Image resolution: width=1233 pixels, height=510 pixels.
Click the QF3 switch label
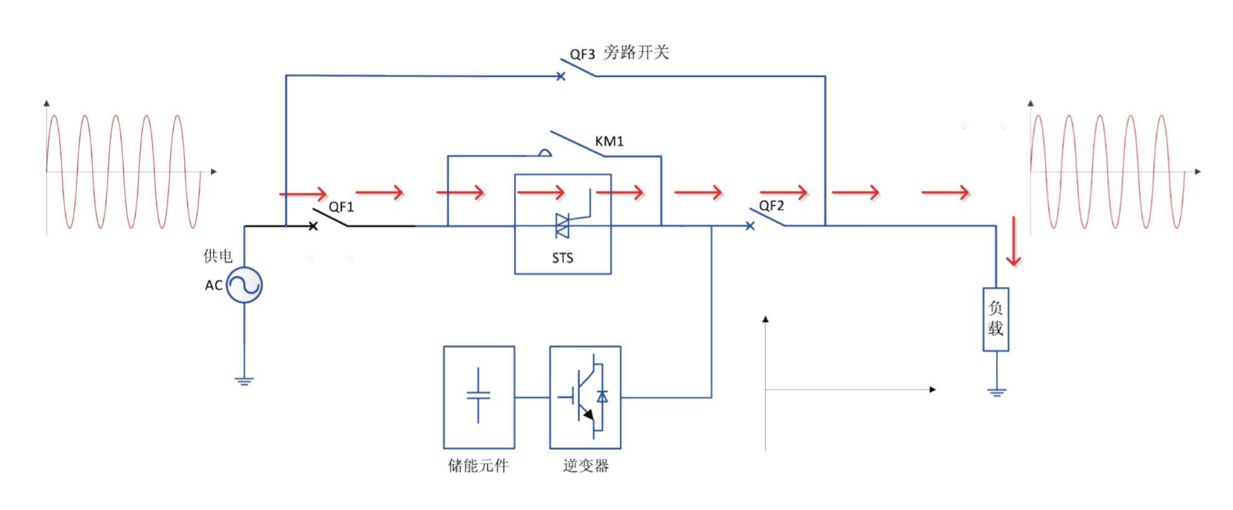tap(582, 55)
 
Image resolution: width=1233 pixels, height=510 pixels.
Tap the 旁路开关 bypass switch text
tap(636, 52)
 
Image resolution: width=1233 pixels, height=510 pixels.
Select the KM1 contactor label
tap(609, 142)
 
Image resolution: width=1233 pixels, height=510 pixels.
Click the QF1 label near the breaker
tap(341, 207)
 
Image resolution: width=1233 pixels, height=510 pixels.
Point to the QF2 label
tap(771, 206)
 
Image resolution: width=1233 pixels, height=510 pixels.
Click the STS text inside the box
tap(562, 258)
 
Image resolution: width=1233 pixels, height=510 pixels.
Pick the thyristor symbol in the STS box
tap(563, 226)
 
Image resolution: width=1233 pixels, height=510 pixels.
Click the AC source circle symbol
tap(244, 285)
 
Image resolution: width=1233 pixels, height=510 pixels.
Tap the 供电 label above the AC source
tap(218, 256)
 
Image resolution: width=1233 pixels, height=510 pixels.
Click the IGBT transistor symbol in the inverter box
tap(585, 396)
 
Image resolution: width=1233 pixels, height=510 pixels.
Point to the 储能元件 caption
tap(478, 466)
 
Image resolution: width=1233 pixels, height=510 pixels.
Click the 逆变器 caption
tap(586, 466)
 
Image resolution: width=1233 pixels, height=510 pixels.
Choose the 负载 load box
tap(995, 319)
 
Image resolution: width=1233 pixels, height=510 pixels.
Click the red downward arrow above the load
tap(1014, 241)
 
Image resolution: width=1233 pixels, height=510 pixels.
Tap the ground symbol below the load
tap(996, 392)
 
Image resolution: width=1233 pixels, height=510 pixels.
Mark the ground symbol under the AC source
tap(244, 381)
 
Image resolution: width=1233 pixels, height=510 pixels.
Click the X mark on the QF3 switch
tap(561, 76)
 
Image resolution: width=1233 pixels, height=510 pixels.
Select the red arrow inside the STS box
tap(541, 192)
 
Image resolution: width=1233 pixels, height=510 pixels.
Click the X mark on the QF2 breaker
tap(750, 226)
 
